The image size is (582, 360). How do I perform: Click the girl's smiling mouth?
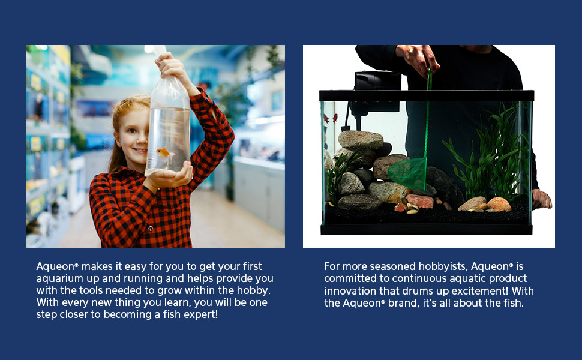pos(139,151)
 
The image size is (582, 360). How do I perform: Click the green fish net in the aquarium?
pos(408,173)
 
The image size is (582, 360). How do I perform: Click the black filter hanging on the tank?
pos(377,87)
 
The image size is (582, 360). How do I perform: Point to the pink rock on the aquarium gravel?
pos(420,201)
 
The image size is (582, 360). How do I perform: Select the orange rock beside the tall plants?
pos(499,204)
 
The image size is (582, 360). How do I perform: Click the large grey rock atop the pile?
pos(361,140)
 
